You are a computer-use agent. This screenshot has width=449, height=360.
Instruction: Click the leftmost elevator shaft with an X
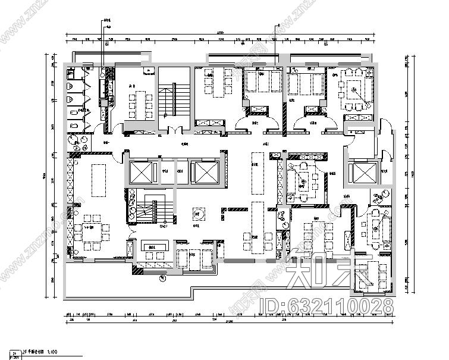click(x=140, y=172)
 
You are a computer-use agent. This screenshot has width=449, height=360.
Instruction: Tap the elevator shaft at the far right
click(x=360, y=173)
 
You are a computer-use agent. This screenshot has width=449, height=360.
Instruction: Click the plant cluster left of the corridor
click(x=77, y=140)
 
